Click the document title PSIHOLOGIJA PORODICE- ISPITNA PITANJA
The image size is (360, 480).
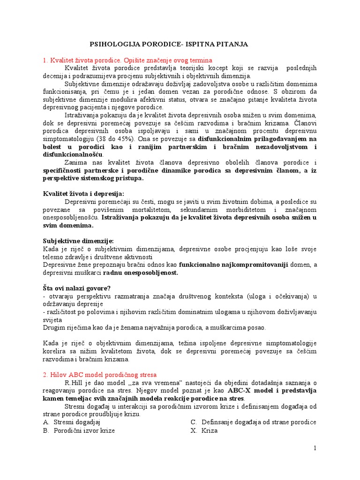[x=169, y=44]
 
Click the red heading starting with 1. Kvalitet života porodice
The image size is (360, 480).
[x=127, y=60]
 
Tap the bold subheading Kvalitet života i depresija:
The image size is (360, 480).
[x=83, y=194]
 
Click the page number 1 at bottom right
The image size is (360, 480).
[x=315, y=448]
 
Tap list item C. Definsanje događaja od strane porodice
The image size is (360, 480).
[x=253, y=422]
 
